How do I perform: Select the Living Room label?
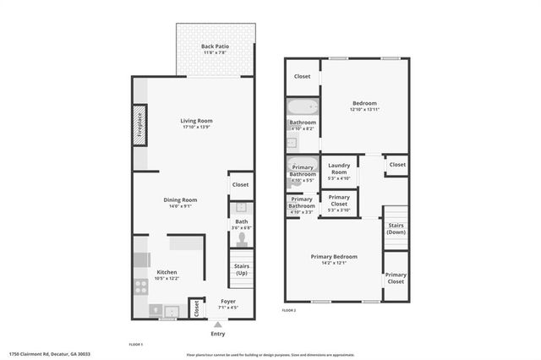point(194,121)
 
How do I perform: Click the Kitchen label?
point(167,271)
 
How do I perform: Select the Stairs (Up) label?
point(241,270)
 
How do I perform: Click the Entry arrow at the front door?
point(219,325)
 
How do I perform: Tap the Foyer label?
point(228,302)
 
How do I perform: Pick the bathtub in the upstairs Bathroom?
point(302,107)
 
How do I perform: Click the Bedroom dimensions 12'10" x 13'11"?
point(364,110)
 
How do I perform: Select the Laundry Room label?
point(338,169)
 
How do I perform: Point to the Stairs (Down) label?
point(396,228)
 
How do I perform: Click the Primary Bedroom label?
point(333,256)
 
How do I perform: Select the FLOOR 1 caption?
point(135,344)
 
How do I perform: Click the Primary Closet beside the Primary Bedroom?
point(396,278)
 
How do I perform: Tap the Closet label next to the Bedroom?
point(302,77)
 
